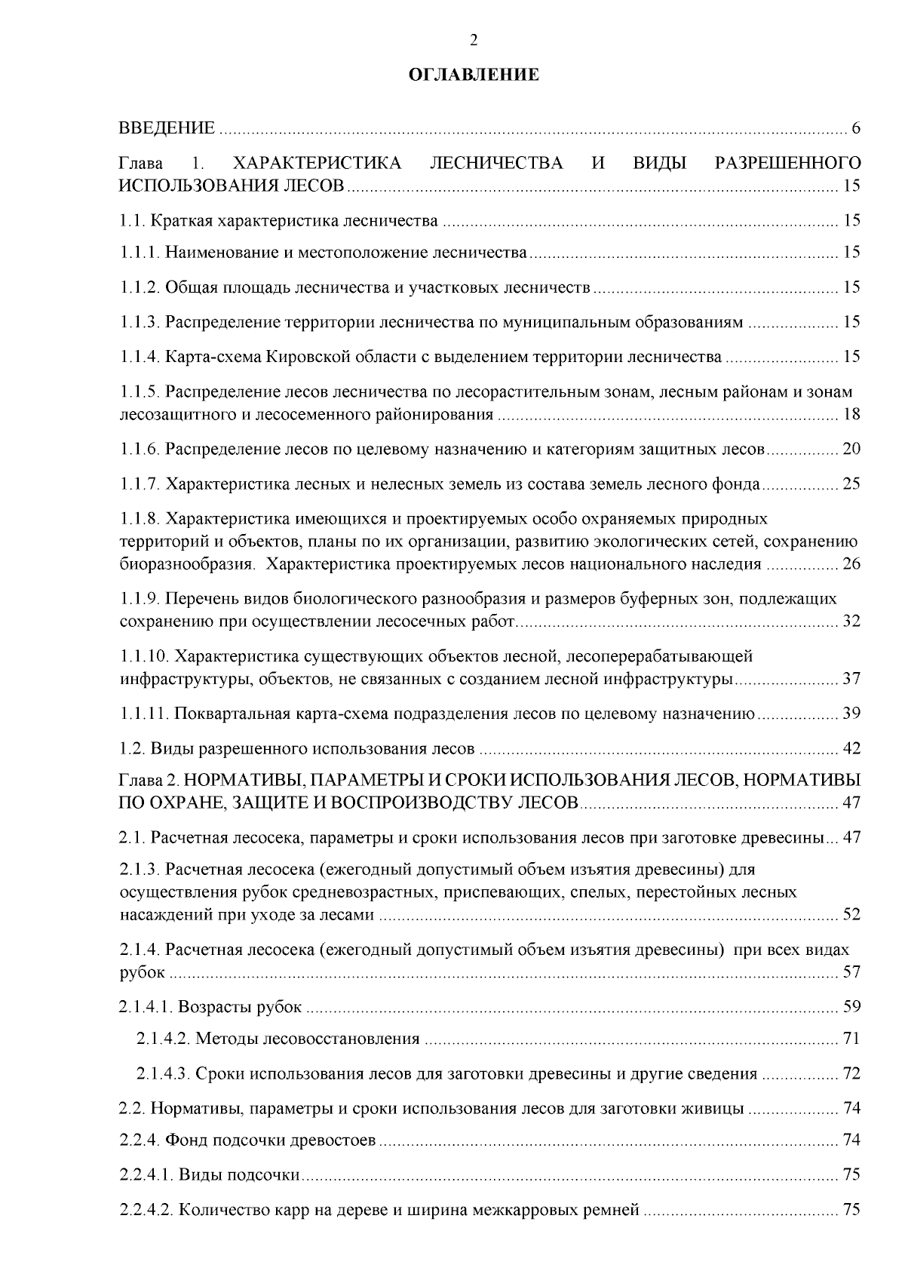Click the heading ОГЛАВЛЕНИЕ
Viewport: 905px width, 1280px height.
click(x=474, y=75)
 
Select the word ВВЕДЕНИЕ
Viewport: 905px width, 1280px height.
click(x=167, y=127)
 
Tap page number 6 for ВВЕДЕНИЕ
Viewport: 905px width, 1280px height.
click(x=856, y=127)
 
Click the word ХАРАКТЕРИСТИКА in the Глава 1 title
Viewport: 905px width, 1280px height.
click(x=318, y=163)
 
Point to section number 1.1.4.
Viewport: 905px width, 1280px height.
click(x=140, y=357)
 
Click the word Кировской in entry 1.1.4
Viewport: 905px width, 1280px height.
click(x=306, y=357)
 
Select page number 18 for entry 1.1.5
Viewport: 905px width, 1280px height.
click(x=851, y=414)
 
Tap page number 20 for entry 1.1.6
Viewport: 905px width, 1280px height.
click(x=851, y=450)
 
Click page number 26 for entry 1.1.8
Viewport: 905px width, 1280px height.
click(x=851, y=564)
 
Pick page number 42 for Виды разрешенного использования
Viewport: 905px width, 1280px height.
click(x=851, y=749)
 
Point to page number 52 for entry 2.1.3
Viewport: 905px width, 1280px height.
click(x=851, y=915)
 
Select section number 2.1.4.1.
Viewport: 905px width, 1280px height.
click(x=146, y=1007)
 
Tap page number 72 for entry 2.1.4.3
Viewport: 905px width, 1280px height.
click(x=851, y=1074)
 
